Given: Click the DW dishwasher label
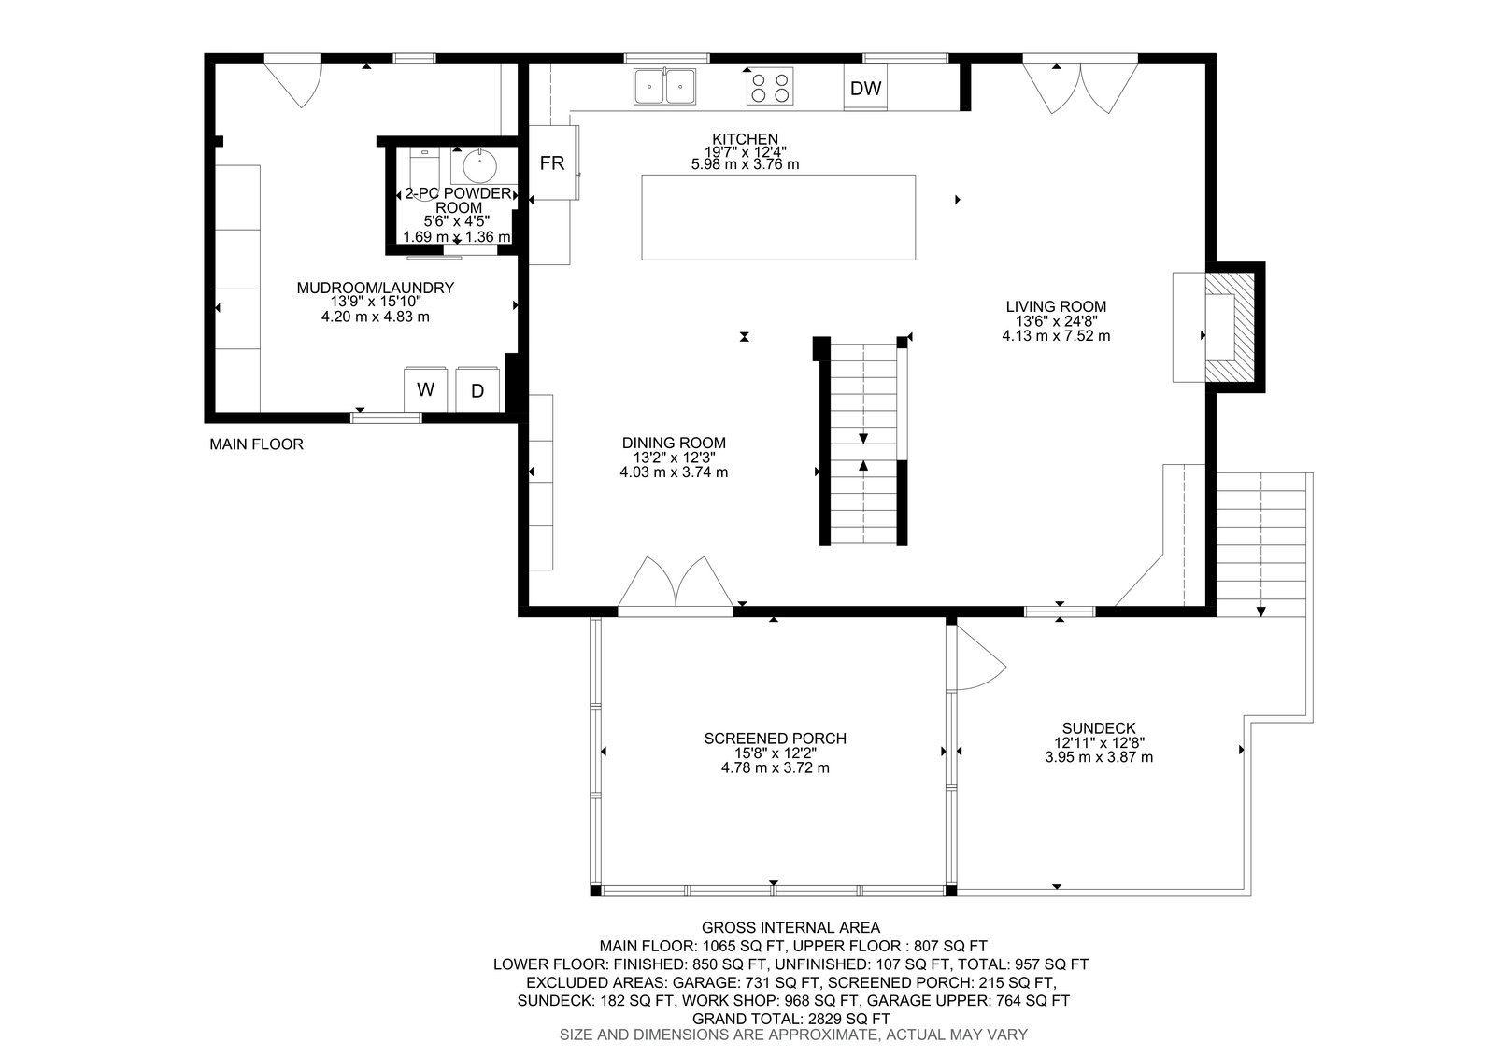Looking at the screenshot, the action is [865, 88].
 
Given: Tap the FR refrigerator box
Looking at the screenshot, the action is [553, 162].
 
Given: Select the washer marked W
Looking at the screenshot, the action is [425, 389].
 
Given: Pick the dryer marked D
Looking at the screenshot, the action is [477, 390].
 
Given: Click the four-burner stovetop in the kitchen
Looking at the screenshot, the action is [770, 87].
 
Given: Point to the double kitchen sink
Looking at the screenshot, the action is [664, 86].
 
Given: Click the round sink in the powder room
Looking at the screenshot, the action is [478, 166].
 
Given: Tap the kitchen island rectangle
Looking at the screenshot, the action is [778, 218].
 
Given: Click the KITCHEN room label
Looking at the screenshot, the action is [745, 139].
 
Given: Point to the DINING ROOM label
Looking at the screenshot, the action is [674, 443].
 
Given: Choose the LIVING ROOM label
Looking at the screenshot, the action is [1056, 307].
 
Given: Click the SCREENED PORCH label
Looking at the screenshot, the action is [775, 739].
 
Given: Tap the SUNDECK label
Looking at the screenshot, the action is [1099, 728].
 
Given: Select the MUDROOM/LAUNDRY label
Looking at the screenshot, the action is [375, 288].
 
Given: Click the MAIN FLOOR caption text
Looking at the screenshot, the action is [256, 444].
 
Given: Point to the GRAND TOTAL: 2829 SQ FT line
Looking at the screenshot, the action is [790, 1019].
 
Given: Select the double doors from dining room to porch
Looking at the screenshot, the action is [676, 583].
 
